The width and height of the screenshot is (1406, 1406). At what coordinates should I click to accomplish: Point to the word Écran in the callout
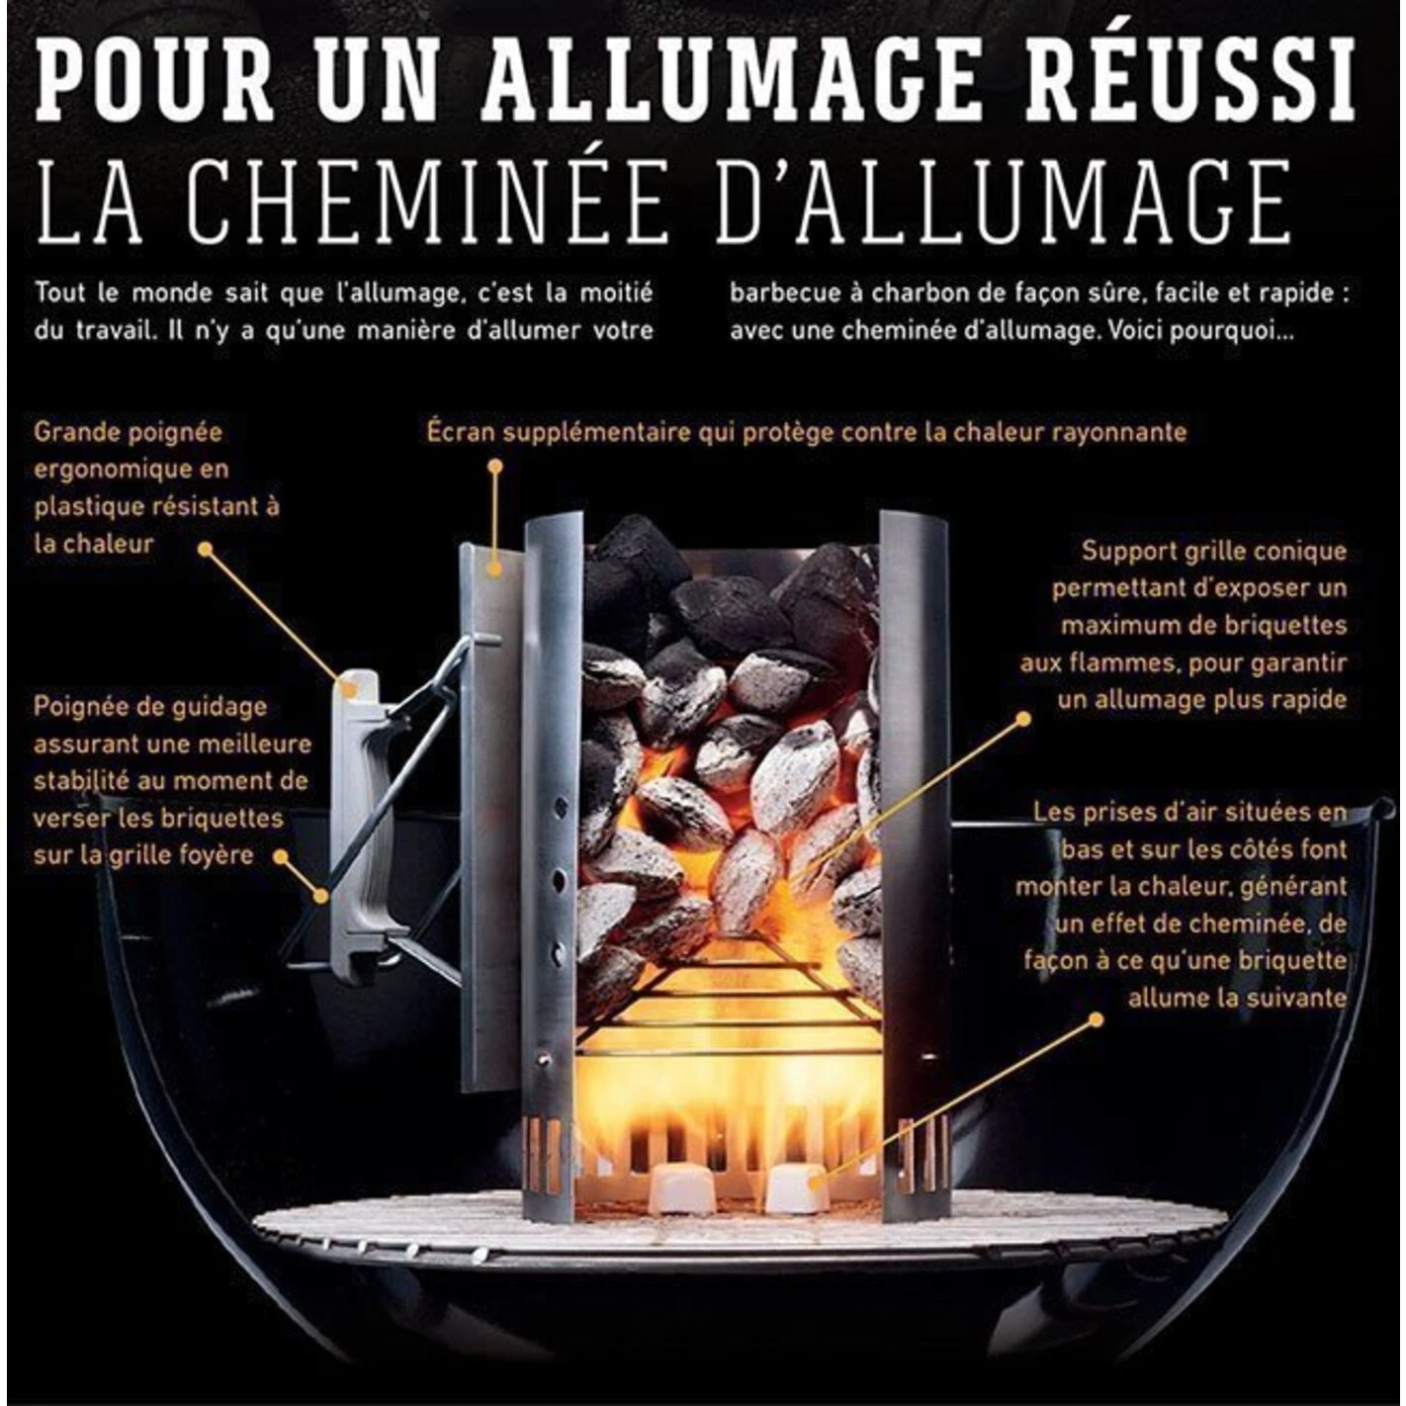pos(461,432)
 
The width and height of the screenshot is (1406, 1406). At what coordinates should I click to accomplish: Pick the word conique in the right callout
pos(1297,552)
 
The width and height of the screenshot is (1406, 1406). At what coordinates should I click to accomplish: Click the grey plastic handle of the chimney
pos(359,821)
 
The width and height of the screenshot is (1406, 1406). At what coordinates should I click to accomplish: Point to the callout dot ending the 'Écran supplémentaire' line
pos(495,466)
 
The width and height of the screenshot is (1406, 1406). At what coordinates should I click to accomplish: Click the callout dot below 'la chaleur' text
pos(206,550)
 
